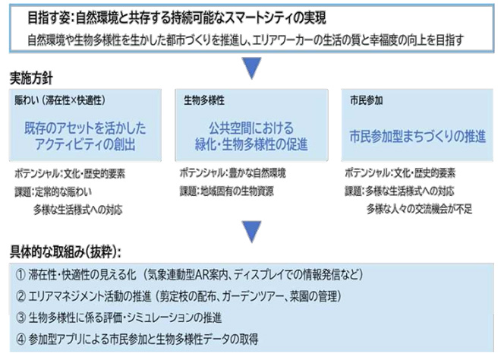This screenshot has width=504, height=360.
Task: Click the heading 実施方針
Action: [31, 78]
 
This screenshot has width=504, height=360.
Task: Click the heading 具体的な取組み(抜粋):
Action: [65, 252]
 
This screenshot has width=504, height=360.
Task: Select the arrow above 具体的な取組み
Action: [252, 232]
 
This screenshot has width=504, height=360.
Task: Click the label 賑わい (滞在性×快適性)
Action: [60, 101]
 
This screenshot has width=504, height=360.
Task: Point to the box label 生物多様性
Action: [204, 101]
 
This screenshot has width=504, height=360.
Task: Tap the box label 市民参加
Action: [367, 101]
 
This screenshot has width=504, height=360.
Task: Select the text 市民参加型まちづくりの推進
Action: [417, 136]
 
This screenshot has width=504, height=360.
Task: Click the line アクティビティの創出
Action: [86, 144]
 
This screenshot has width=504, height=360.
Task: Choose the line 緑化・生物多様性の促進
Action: [251, 144]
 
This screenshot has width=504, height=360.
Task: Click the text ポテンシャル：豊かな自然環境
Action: [233, 173]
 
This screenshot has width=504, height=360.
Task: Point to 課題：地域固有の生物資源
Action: [227, 191]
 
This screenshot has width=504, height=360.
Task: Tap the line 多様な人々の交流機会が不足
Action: [420, 210]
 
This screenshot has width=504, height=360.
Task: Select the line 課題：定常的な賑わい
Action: [53, 191]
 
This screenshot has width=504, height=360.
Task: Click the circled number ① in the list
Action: [21, 275]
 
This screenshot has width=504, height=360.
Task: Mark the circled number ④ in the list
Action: [21, 339]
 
